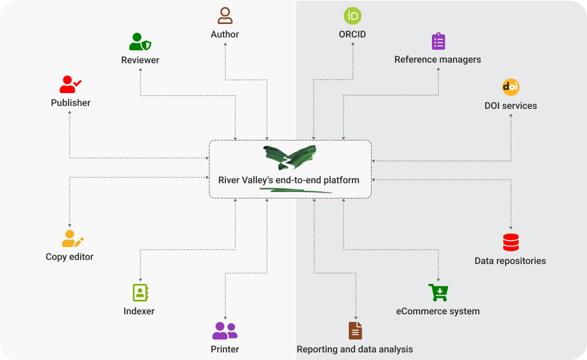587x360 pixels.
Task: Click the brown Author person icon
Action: [x=225, y=16]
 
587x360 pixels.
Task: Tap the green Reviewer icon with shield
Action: [x=140, y=42]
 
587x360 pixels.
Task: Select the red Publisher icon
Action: [x=70, y=84]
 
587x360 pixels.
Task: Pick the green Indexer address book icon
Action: [x=140, y=293]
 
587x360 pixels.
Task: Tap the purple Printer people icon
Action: [x=225, y=331]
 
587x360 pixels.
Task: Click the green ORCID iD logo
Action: [x=352, y=16]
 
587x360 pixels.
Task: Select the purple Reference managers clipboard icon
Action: [x=438, y=42]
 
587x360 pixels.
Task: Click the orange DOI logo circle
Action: [x=511, y=87]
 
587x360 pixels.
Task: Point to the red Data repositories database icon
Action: [x=511, y=242]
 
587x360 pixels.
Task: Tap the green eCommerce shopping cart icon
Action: [x=438, y=292]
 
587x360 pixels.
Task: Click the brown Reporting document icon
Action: [x=355, y=331]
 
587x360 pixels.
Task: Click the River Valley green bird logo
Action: [x=290, y=157]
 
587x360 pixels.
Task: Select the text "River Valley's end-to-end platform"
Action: [x=289, y=180]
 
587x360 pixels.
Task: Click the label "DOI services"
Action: [x=510, y=106]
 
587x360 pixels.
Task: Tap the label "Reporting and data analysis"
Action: [x=355, y=349]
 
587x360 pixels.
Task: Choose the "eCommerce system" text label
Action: [x=438, y=311]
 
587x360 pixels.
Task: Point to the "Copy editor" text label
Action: [x=70, y=256]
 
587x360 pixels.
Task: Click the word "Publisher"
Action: [x=71, y=103]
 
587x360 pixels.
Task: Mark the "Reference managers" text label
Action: [x=438, y=60]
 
